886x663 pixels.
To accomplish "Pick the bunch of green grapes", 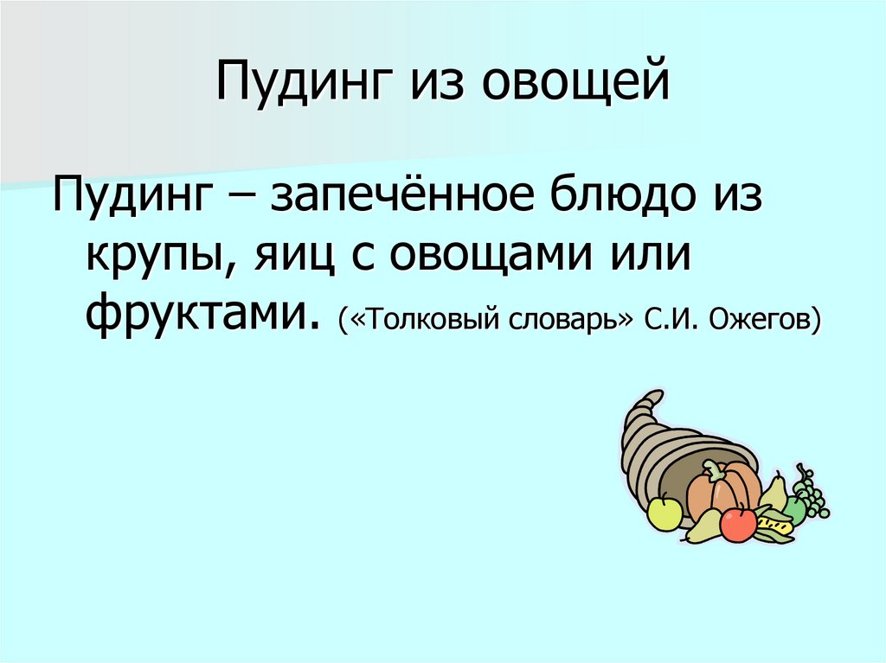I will pos(809,494).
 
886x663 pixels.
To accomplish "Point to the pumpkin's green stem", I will pos(715,470).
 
